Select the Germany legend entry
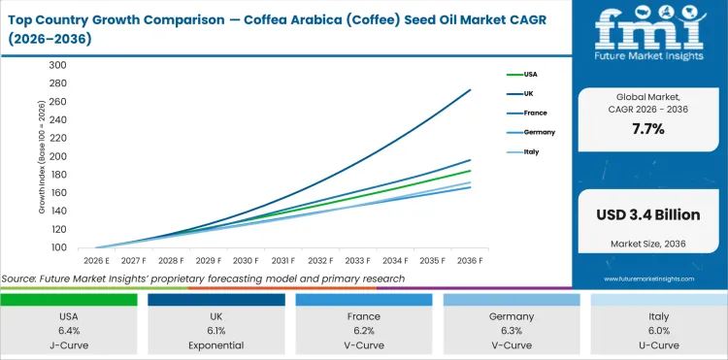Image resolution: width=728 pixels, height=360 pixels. (537, 132)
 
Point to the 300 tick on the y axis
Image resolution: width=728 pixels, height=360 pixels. (57, 65)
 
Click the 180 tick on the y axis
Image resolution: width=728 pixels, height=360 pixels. (57, 175)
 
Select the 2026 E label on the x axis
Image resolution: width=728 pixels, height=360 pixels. (96, 260)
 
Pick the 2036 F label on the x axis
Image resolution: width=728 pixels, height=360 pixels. (471, 260)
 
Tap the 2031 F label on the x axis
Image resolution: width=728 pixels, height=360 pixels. (283, 260)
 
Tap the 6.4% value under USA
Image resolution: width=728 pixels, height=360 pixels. (69, 330)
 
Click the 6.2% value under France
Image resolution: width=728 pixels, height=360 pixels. (363, 330)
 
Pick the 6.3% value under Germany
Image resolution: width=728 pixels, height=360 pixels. (511, 330)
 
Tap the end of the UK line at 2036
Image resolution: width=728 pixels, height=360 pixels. (471, 90)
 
